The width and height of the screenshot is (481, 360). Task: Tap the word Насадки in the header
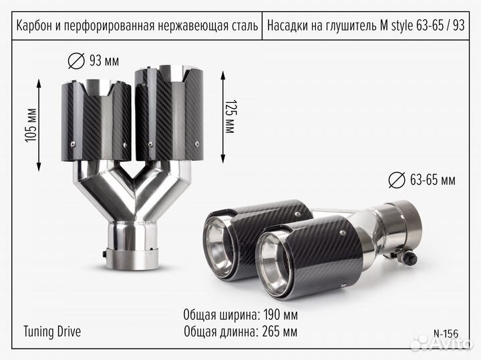pos(289,26)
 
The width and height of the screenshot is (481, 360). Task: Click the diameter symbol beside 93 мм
pos(77,61)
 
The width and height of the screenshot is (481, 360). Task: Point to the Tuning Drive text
pos(52,331)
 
